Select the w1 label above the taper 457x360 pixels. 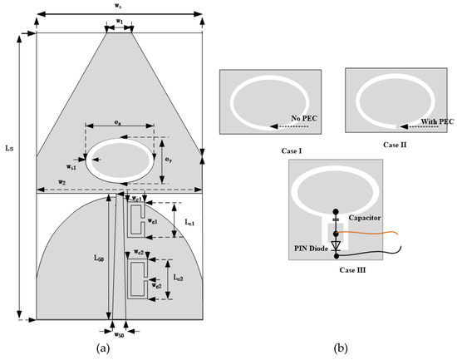120,21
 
